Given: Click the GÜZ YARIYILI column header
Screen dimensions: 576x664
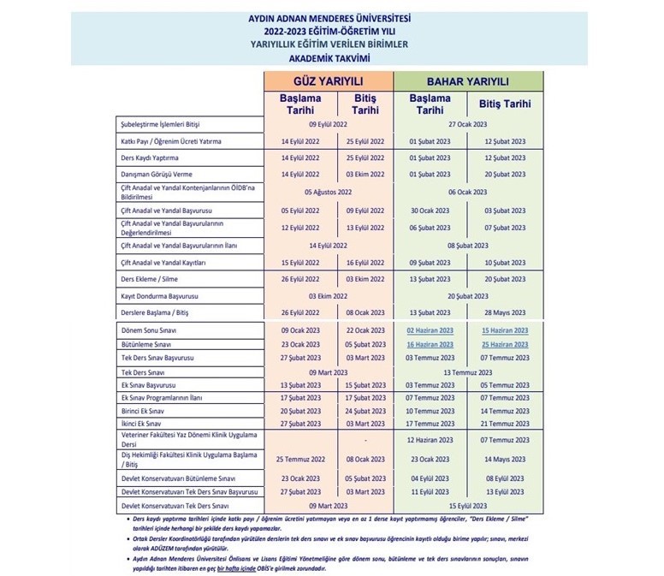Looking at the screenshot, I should tap(328, 81).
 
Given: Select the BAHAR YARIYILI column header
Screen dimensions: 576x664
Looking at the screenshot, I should tap(468, 81).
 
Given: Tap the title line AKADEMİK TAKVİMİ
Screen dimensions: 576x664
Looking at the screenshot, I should tap(330, 57).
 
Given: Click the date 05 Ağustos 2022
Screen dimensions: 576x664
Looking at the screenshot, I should tap(328, 193).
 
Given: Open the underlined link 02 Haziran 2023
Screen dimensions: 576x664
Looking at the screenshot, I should tap(431, 330).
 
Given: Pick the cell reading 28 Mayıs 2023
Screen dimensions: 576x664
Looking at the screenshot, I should tap(505, 312).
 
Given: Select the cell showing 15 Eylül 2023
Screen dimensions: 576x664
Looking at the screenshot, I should tap(468, 507).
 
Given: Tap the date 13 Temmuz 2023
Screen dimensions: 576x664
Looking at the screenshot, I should tap(468, 372).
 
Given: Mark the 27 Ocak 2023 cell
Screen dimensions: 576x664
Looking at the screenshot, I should tap(468, 124).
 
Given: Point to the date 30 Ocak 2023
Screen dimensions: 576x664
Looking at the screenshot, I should tap(431, 210).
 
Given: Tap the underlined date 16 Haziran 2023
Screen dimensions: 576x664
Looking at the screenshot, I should tap(431, 344).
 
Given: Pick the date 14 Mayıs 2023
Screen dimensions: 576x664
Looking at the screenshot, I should tap(505, 460).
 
